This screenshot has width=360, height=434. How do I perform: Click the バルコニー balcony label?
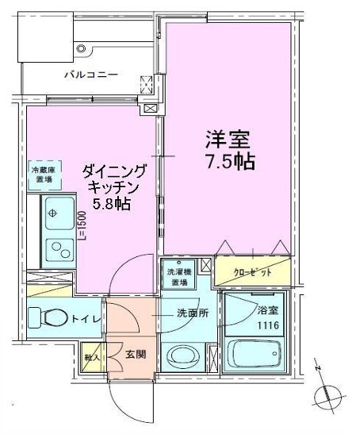click(x=91, y=75)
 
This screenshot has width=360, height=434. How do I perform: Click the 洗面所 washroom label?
click(x=192, y=313)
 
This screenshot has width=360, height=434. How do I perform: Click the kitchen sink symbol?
click(x=56, y=213)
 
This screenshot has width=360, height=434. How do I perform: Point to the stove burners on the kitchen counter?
click(x=56, y=252)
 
